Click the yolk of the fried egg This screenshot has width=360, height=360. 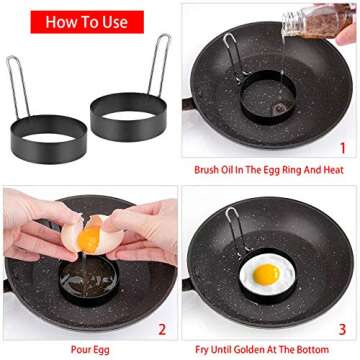click(x=266, y=273)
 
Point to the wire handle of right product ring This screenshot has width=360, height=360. click(x=159, y=65)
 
